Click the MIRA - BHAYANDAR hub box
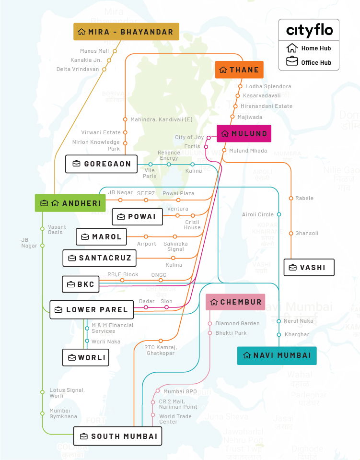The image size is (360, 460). click(126, 32)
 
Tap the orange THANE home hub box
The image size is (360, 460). click(239, 70)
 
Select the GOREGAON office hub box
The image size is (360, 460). click(102, 164)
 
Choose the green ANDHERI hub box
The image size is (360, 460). click(70, 203)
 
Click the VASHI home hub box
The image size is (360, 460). click(309, 268)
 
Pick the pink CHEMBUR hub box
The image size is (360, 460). click(235, 302)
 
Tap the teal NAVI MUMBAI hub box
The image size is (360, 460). click(277, 355)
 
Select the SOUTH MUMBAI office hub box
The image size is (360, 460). click(118, 436)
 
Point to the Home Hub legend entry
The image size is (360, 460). click(309, 48)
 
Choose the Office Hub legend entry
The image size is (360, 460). click(309, 62)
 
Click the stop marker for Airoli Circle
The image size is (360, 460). click(279, 214)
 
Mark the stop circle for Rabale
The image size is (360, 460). click(290, 198)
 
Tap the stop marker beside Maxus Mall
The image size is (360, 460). click(115, 51)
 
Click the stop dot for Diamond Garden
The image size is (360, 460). click(210, 323)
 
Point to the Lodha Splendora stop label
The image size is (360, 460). click(268, 86)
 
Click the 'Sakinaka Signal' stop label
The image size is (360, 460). click(175, 246)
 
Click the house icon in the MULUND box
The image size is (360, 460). click(224, 134)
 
